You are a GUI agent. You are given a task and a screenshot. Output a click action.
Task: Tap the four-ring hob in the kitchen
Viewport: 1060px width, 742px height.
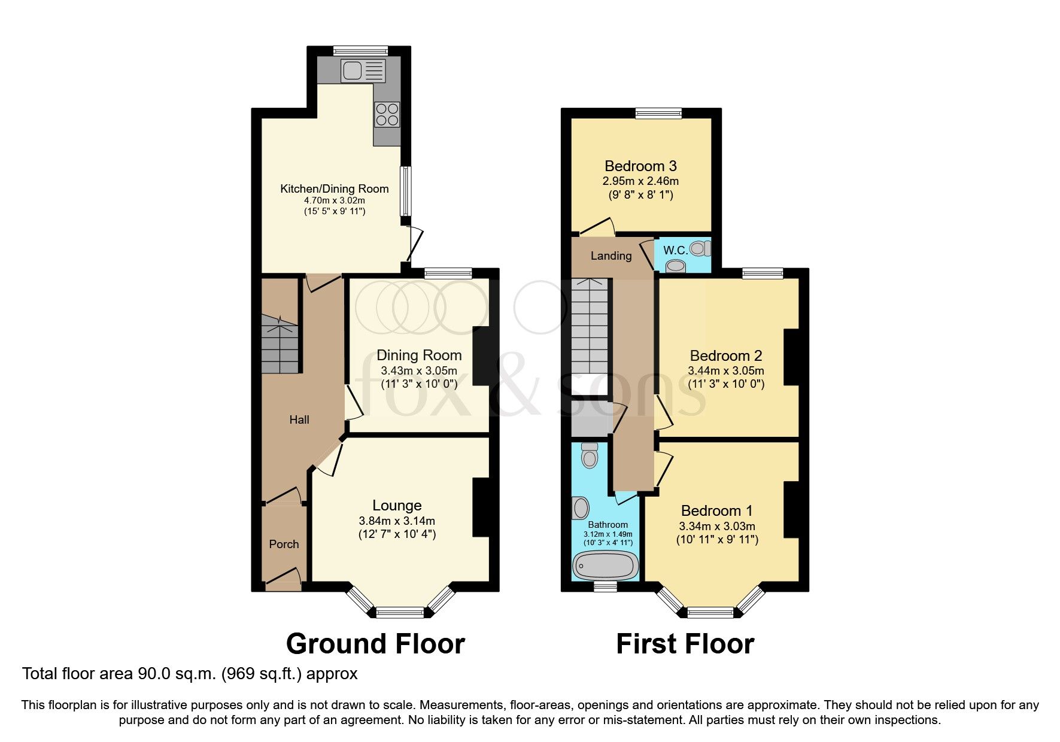(x=387, y=115)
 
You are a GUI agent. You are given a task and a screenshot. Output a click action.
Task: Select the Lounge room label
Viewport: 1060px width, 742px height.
(x=397, y=506)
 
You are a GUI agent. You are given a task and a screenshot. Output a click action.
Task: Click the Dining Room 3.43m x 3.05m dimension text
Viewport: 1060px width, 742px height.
(x=419, y=371)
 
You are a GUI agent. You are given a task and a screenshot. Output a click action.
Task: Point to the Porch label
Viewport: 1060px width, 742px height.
(x=284, y=544)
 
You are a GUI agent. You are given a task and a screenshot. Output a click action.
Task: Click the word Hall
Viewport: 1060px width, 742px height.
(x=299, y=419)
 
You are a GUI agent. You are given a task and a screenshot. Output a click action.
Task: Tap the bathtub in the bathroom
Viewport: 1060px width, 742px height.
(x=605, y=564)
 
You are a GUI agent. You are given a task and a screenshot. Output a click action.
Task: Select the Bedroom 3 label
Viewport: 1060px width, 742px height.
(x=640, y=166)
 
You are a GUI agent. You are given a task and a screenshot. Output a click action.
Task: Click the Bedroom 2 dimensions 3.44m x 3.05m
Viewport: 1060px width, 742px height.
(x=726, y=371)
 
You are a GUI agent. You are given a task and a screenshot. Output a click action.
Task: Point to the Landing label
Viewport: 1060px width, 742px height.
(x=611, y=256)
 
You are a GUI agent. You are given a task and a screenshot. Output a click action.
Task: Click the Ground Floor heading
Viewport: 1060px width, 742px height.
(x=375, y=644)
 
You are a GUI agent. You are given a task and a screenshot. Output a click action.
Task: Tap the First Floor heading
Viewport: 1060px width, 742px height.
(x=685, y=644)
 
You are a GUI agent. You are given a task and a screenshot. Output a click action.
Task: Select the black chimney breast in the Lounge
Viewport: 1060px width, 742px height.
(x=484, y=507)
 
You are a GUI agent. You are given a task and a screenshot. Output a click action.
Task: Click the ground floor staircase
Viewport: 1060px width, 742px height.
(x=280, y=347)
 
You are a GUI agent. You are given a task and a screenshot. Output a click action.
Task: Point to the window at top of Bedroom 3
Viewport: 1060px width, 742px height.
(x=658, y=113)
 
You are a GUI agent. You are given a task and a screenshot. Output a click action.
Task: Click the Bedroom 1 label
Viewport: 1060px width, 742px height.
(x=716, y=510)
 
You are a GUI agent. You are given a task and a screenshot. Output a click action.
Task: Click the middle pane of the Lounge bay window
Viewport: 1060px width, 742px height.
(x=399, y=612)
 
